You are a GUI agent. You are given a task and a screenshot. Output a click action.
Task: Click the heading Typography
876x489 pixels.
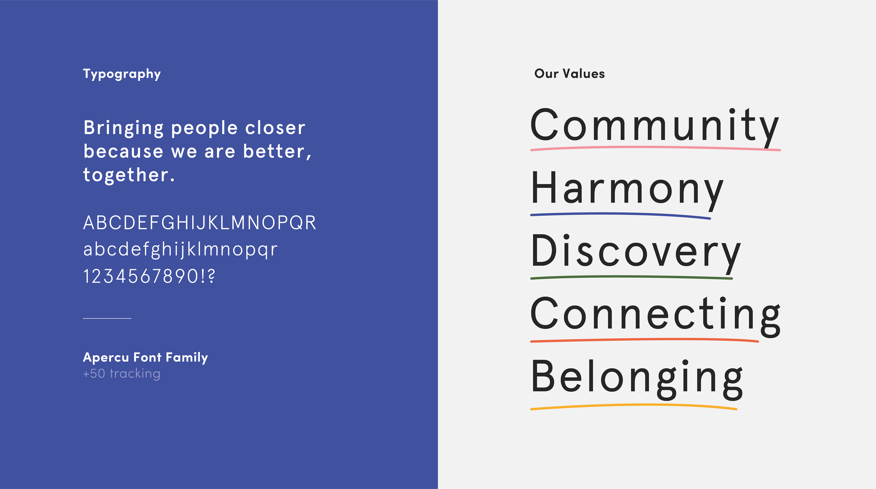coord(122,74)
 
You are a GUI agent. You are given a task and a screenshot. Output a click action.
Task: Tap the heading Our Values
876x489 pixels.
coord(570,74)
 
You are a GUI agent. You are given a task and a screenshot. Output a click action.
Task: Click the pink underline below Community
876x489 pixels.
coord(655,147)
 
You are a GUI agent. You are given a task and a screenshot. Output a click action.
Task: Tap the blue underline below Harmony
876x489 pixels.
coord(620,214)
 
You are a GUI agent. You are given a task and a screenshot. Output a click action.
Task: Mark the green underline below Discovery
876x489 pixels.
coord(631,277)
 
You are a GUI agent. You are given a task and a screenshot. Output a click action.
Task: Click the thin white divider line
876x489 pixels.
coord(107,318)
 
